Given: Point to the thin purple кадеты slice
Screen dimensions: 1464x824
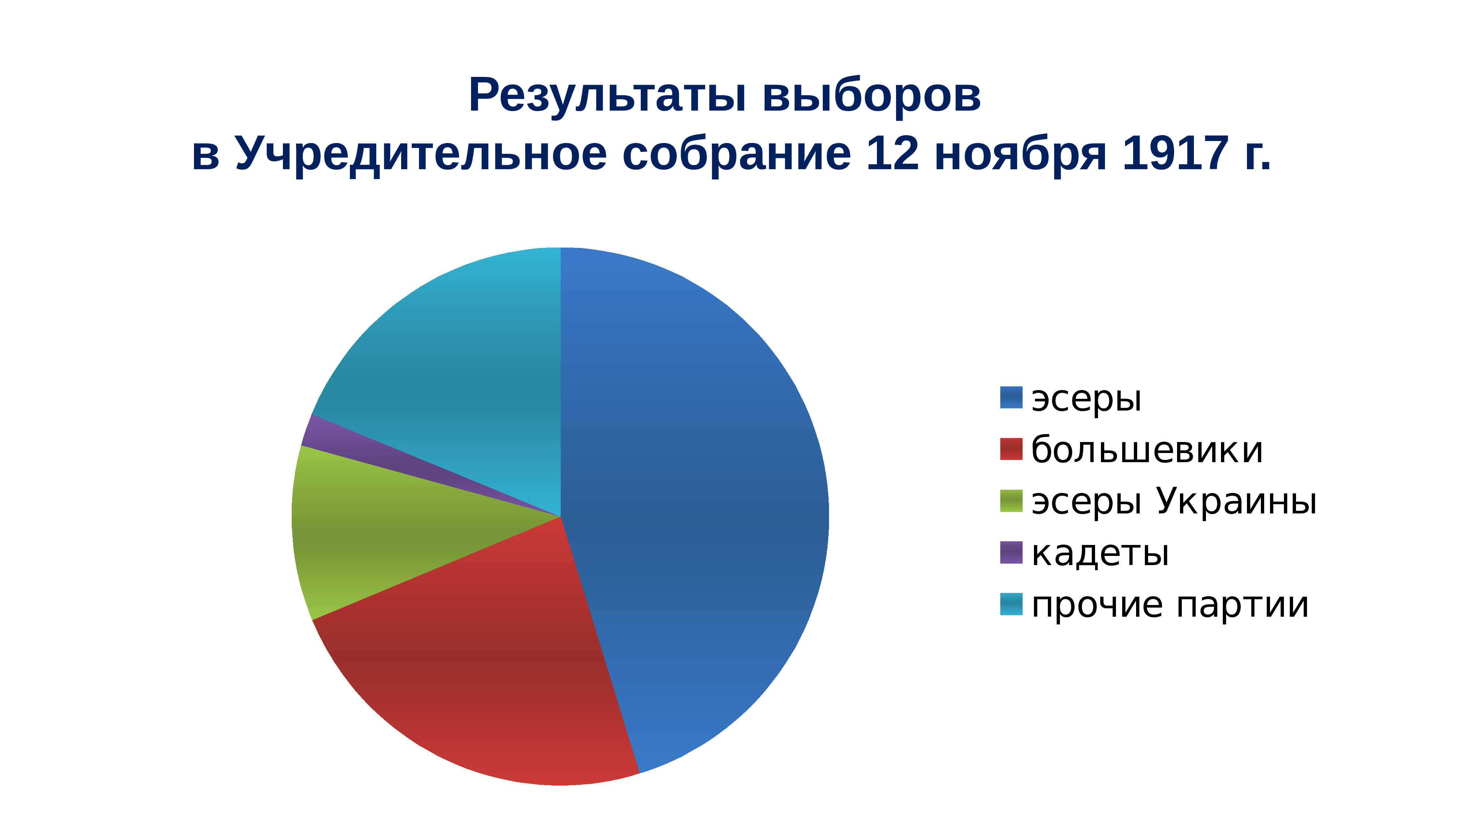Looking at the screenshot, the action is tap(341, 441).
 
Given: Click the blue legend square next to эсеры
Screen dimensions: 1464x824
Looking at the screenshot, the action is tap(1011, 397).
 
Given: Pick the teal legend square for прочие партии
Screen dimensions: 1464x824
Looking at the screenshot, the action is tap(1011, 604).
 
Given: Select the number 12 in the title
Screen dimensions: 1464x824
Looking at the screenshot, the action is tap(892, 153).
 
